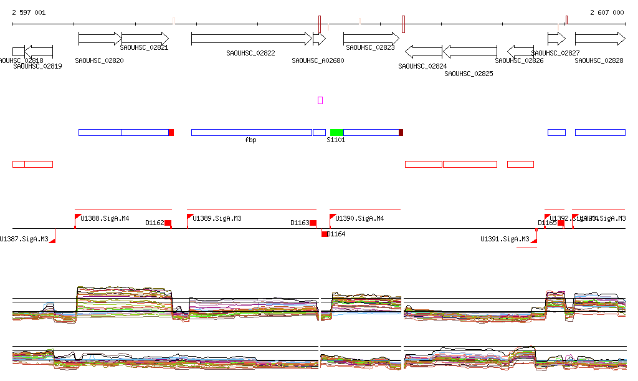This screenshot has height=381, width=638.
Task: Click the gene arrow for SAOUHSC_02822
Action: (x=251, y=39)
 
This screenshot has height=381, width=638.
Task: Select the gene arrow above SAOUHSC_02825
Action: (x=470, y=51)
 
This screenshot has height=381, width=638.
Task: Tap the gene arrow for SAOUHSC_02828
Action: (x=599, y=39)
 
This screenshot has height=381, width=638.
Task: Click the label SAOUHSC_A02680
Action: (x=318, y=60)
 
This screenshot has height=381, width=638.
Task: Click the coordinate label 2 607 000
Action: (x=607, y=12)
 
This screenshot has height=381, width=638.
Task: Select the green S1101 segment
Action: (x=336, y=132)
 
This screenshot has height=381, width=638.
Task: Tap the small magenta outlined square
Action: (x=320, y=100)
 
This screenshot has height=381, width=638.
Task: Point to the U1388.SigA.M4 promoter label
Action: (x=105, y=218)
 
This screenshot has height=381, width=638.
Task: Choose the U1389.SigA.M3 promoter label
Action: (x=217, y=218)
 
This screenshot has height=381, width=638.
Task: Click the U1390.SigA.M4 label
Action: (x=359, y=218)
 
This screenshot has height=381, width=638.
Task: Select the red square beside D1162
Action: (x=168, y=223)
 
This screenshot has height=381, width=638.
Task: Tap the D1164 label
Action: (x=336, y=234)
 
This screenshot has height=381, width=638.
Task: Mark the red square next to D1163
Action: (x=313, y=223)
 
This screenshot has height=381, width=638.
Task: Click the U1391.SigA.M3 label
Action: (x=505, y=239)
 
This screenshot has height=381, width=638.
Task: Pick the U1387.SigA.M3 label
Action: (x=24, y=239)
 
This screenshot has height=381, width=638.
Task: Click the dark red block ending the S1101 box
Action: (x=401, y=132)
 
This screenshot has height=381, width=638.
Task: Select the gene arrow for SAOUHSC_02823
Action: (x=371, y=39)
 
